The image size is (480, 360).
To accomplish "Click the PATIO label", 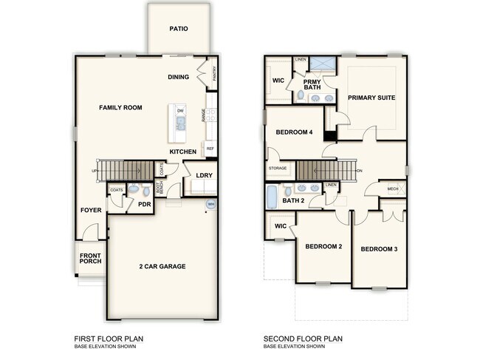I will pyautogui.click(x=178, y=30).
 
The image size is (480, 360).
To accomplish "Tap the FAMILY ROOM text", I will pyautogui.click(x=120, y=108).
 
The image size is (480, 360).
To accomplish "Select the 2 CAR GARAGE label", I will pyautogui.click(x=162, y=266).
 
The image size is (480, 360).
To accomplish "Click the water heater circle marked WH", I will pyautogui.click(x=210, y=204).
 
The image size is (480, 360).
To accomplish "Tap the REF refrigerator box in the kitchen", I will pyautogui.click(x=210, y=149).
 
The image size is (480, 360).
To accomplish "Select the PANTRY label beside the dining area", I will pyautogui.click(x=214, y=73).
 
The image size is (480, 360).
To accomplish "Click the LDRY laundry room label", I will pyautogui.click(x=204, y=175).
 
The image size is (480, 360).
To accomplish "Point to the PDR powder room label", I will pyautogui.click(x=144, y=205).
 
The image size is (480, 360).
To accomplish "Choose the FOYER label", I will pyautogui.click(x=91, y=210).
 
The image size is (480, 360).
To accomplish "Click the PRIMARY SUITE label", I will pyautogui.click(x=371, y=98).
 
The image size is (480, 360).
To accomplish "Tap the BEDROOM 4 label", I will pyautogui.click(x=294, y=132).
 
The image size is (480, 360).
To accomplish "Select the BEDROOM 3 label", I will pyautogui.click(x=379, y=249).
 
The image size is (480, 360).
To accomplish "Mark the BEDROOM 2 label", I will pyautogui.click(x=323, y=246).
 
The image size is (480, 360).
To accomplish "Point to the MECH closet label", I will pyautogui.click(x=393, y=189).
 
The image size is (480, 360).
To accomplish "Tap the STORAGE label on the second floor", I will pyautogui.click(x=278, y=169).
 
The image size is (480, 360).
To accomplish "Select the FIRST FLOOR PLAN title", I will pyautogui.click(x=109, y=339).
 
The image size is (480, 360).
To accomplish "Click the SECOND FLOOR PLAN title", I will pyautogui.click(x=304, y=339).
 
